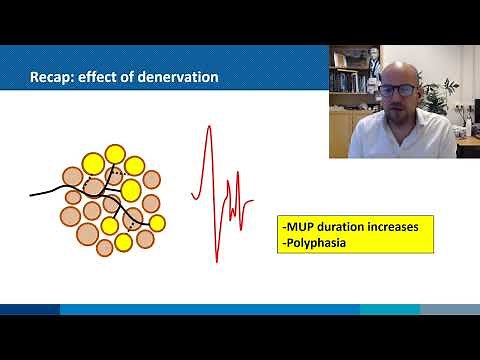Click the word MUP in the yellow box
(x=302, y=227)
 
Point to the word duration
(x=348, y=227)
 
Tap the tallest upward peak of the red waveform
(x=208, y=128)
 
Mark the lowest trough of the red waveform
(x=217, y=260)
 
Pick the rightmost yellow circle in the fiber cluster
(x=157, y=222)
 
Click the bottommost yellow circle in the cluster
(x=124, y=241)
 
